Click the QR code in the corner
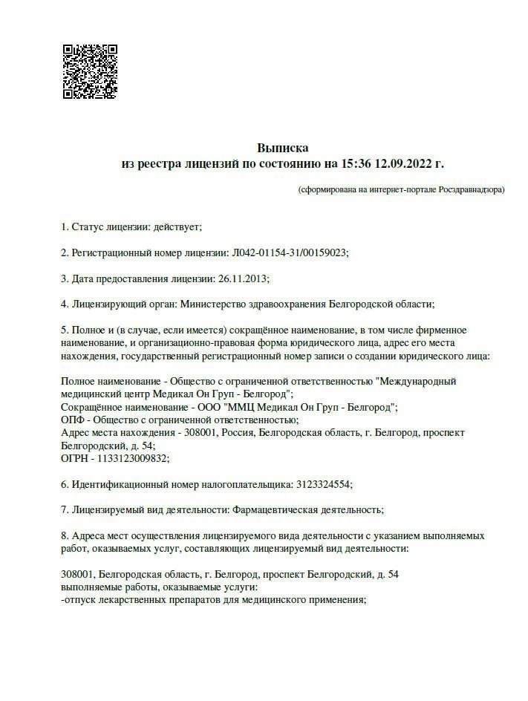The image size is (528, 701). pyautogui.click(x=90, y=72)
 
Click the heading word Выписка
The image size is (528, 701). pyautogui.click(x=282, y=148)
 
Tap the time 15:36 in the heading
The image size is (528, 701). pyautogui.click(x=357, y=163)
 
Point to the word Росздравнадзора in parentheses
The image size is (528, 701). pyautogui.click(x=469, y=189)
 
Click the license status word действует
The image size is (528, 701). pyautogui.click(x=176, y=226)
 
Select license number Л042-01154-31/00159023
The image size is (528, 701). pyautogui.click(x=290, y=252)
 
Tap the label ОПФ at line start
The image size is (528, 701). pyautogui.click(x=71, y=420)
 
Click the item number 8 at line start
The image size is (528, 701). pyautogui.click(x=64, y=535)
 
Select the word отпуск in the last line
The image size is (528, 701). pyautogui.click(x=81, y=600)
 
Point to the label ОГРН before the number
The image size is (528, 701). pyautogui.click(x=73, y=458)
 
